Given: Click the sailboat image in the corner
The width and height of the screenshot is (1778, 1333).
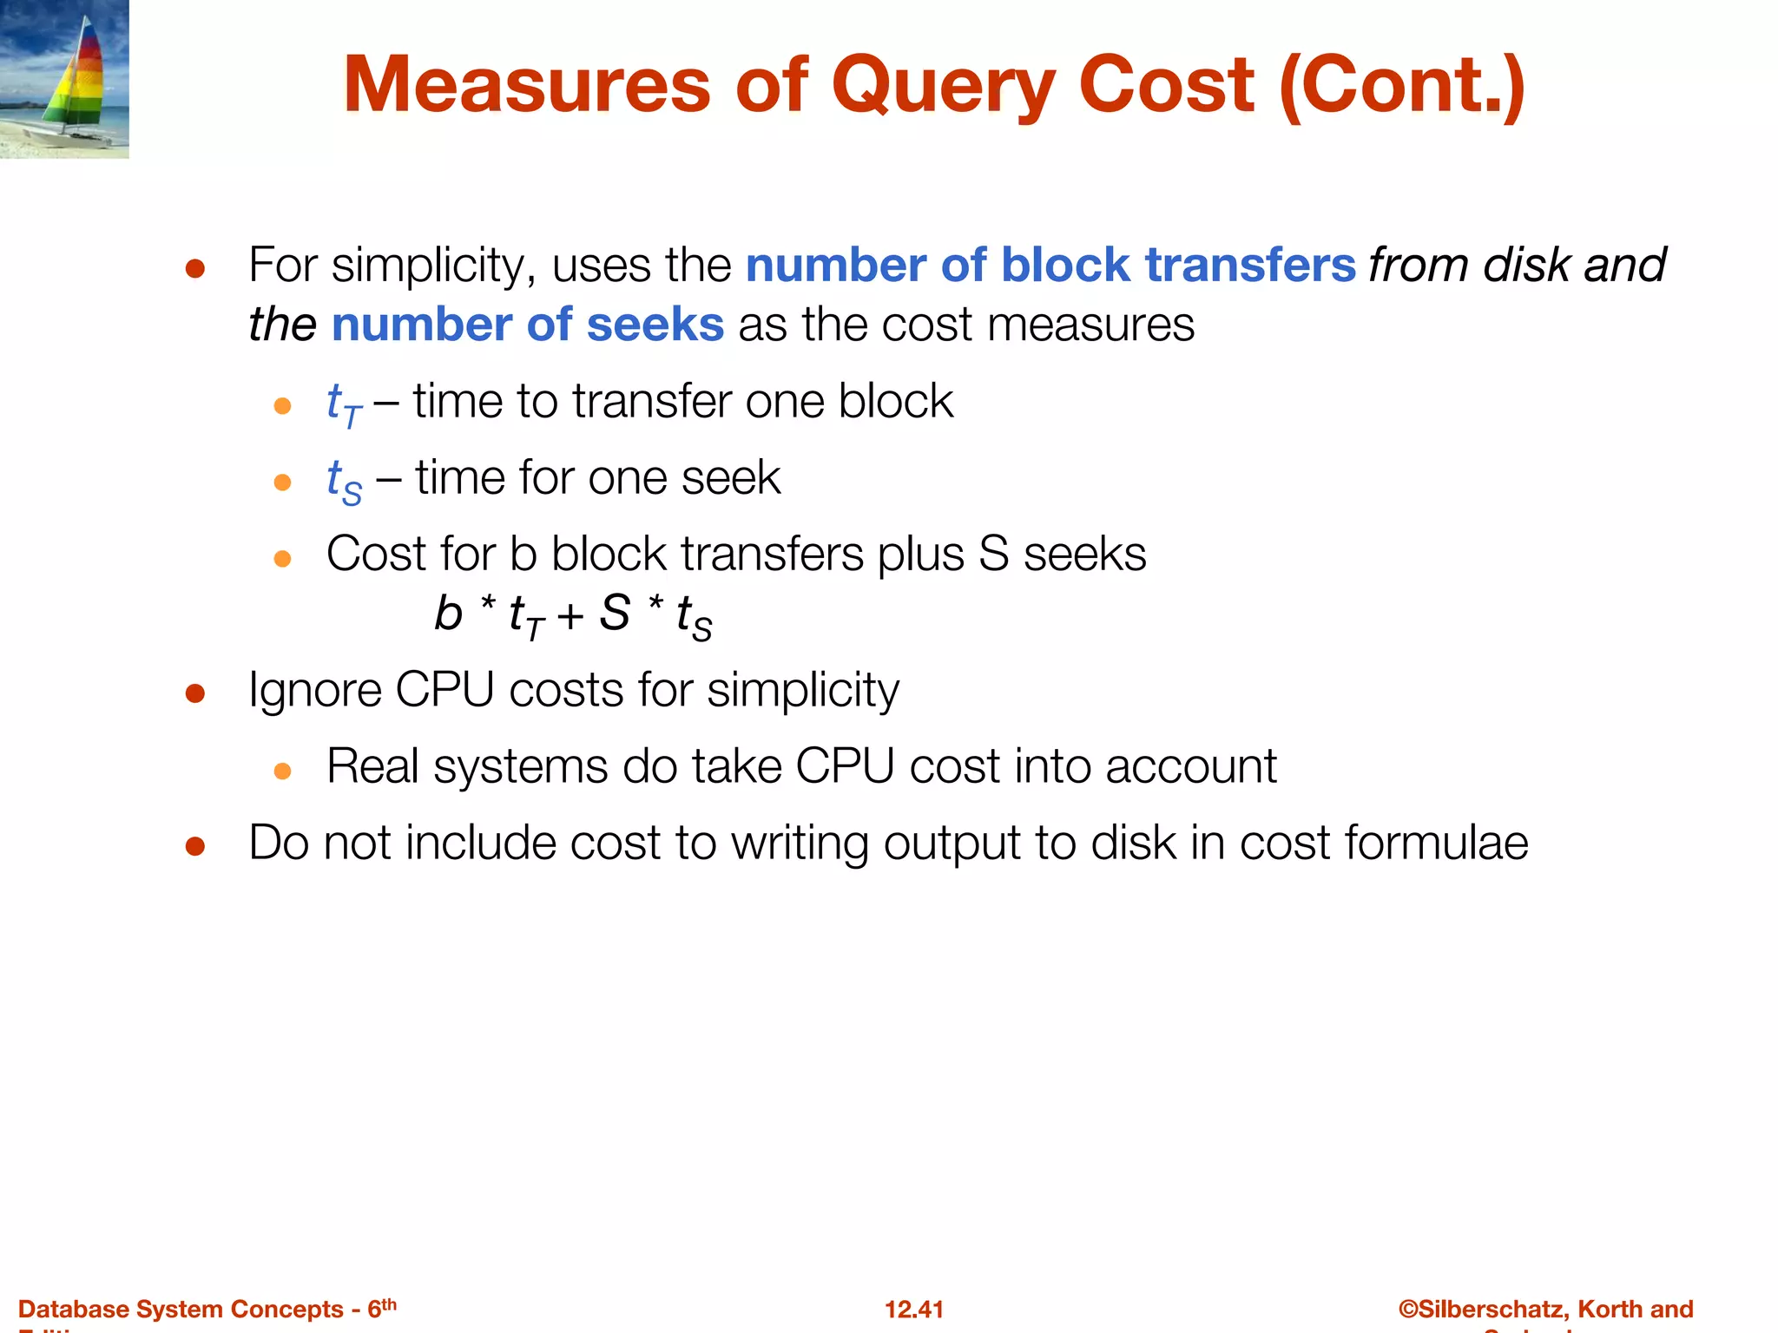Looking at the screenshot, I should pyautogui.click(x=64, y=79).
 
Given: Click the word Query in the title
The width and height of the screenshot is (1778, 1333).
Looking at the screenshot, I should pyautogui.click(x=943, y=87).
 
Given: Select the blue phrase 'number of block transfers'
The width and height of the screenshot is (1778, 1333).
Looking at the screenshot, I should pyautogui.click(x=1050, y=265).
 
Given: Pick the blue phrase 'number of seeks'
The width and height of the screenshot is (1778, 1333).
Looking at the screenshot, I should pyautogui.click(x=528, y=325).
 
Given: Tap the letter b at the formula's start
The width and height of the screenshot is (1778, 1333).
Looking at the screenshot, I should pyautogui.click(x=448, y=614).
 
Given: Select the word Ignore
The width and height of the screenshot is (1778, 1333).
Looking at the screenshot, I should pyautogui.click(x=314, y=691).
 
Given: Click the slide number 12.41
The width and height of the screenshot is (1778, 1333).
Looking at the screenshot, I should pyautogui.click(x=913, y=1309).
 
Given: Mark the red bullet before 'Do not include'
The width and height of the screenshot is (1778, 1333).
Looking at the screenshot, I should pyautogui.click(x=195, y=846).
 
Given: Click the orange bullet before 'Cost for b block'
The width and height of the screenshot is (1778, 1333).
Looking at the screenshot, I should pyautogui.click(x=282, y=559).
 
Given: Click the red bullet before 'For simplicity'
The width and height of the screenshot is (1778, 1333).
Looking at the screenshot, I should pyautogui.click(x=195, y=269).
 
